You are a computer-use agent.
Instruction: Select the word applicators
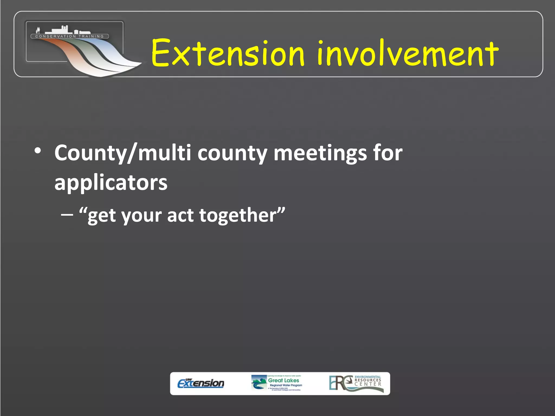pyautogui.click(x=111, y=183)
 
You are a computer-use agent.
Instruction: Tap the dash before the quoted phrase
pyautogui.click(x=67, y=215)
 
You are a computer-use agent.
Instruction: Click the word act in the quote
pyautogui.click(x=180, y=215)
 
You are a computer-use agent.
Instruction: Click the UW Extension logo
pyautogui.click(x=201, y=383)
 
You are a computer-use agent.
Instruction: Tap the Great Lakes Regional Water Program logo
pyautogui.click(x=277, y=383)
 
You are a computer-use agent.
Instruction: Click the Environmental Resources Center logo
pyautogui.click(x=356, y=383)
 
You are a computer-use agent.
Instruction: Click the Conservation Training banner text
pyautogui.click(x=70, y=36)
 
